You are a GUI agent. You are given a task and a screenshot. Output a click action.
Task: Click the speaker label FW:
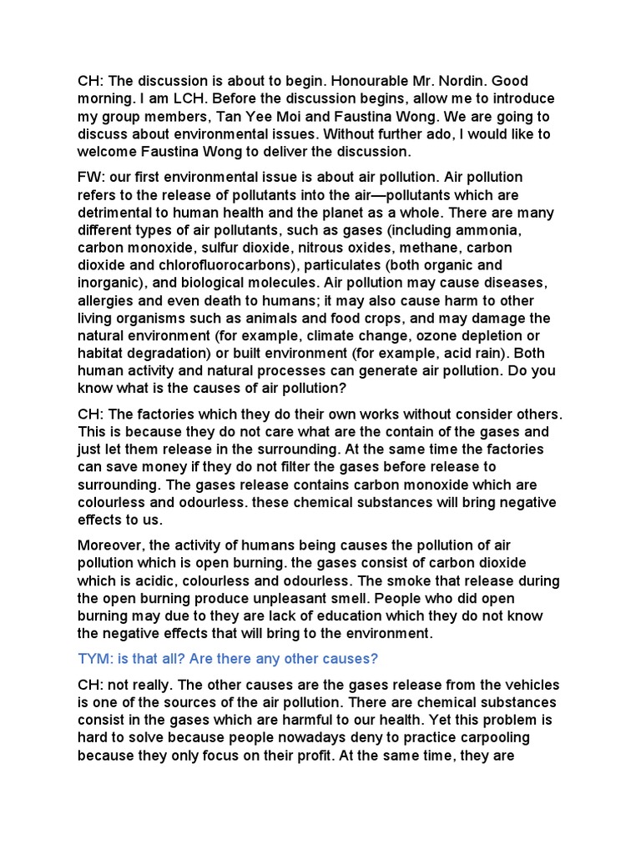pos(90,178)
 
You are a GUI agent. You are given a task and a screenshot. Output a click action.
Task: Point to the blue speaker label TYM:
pos(93,658)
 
